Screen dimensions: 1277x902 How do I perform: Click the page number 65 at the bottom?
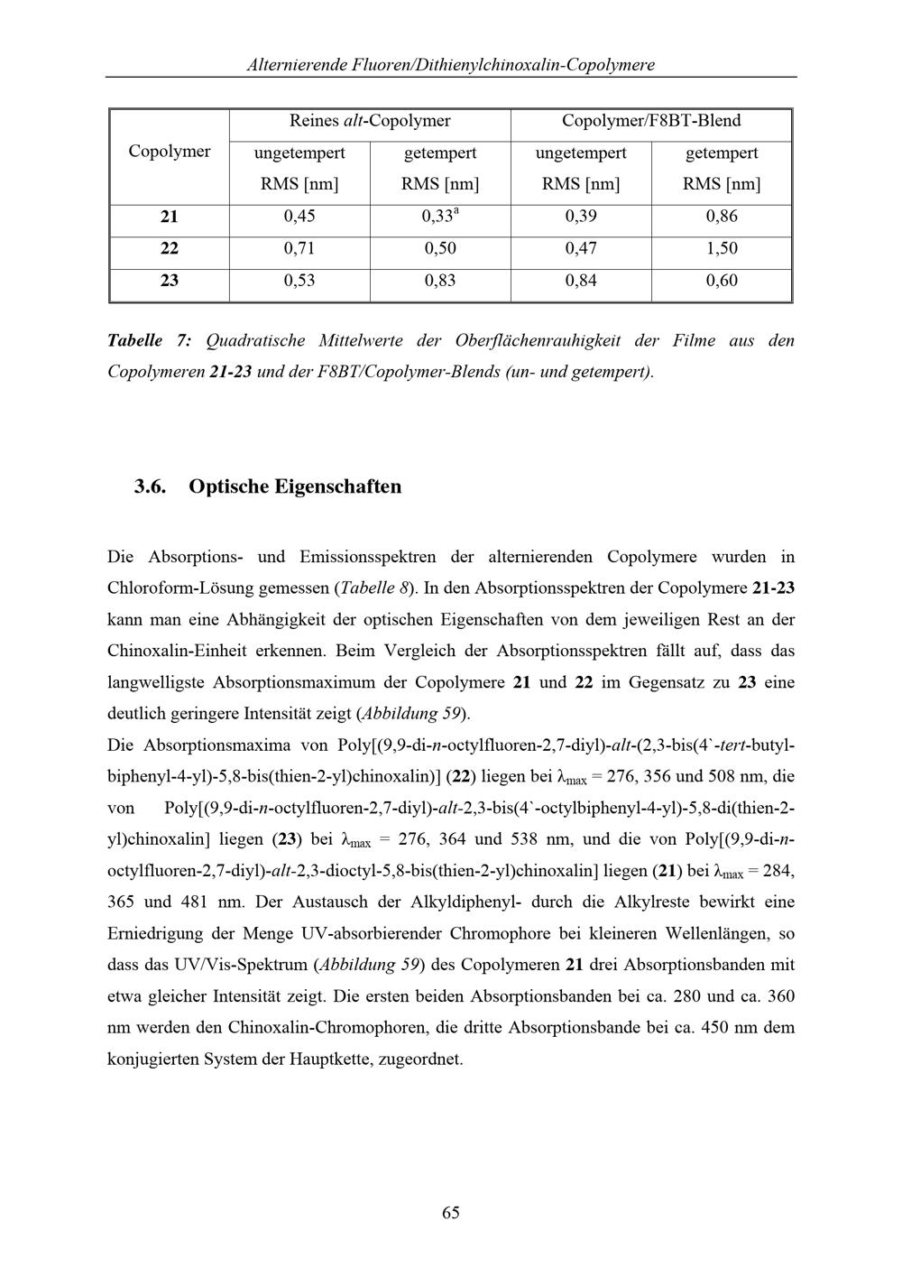451,1212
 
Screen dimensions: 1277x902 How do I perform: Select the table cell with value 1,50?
722,248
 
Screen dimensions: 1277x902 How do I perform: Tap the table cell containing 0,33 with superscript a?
440,217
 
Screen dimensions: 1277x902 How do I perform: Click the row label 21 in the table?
170,217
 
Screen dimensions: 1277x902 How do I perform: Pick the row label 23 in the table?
170,281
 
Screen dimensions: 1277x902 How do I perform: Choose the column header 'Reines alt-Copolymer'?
370,121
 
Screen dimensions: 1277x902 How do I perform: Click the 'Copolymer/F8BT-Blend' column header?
651,121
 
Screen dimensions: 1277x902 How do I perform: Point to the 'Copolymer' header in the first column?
170,152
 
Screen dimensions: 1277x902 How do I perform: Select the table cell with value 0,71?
299,248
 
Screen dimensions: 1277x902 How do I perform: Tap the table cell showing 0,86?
722,217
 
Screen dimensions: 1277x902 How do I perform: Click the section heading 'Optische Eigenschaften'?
295,487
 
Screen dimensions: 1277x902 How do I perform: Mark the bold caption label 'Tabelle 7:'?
149,341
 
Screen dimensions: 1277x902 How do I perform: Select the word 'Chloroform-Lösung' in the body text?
179,588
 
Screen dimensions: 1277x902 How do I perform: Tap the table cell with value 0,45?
299,217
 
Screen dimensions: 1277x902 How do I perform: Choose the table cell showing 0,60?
722,281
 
